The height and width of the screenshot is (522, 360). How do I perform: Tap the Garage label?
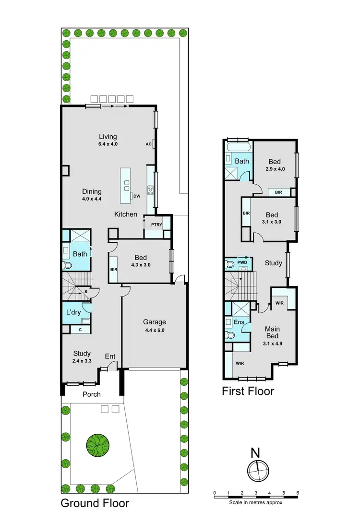154,322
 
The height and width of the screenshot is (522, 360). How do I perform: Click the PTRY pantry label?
156,225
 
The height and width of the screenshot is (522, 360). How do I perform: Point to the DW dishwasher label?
137,196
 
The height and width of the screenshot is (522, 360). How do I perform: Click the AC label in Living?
148,143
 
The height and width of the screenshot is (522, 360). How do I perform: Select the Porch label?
91,394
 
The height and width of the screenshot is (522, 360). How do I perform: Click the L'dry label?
73,312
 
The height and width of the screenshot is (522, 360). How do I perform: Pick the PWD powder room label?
242,262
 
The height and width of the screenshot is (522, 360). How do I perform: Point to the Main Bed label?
276,333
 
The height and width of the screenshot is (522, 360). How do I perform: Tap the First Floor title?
248,391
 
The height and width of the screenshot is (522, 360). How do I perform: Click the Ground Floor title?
95,503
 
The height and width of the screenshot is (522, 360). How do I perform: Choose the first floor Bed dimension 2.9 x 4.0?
275,169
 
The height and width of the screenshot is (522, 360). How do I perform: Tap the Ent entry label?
110,356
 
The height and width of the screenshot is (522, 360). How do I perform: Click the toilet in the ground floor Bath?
67,265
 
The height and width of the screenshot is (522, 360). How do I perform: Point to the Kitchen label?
126,214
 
